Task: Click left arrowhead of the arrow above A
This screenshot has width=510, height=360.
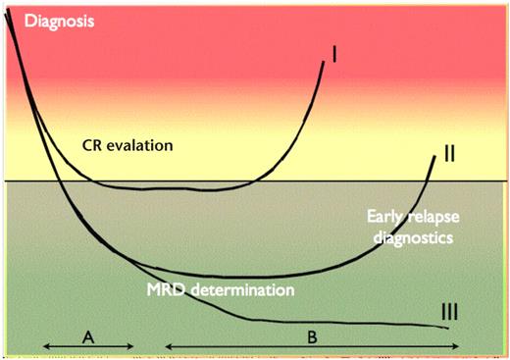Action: coord(45,347)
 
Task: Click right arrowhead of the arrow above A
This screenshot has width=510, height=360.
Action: coord(130,347)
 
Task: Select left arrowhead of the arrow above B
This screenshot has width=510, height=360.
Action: coord(164,347)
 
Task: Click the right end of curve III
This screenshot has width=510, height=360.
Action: coord(450,327)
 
